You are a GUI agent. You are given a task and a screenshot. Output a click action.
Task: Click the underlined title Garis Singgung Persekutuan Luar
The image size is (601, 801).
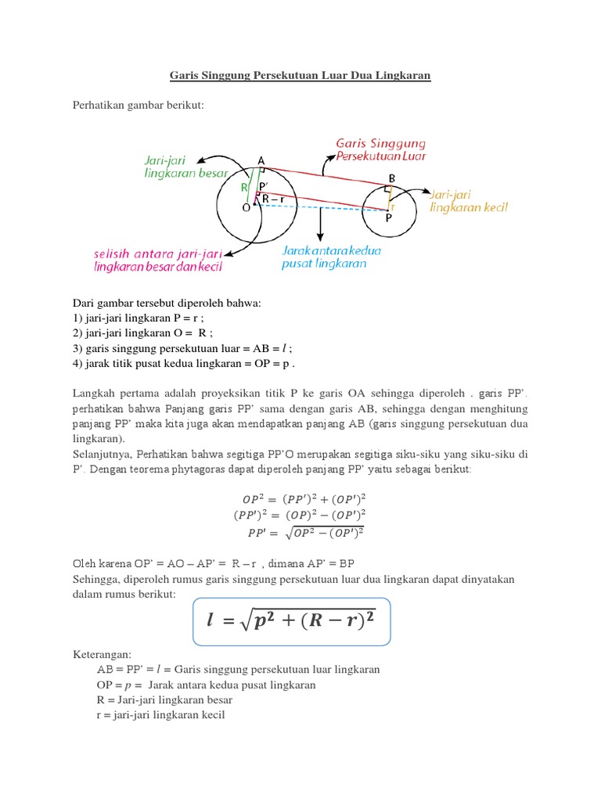click(x=300, y=76)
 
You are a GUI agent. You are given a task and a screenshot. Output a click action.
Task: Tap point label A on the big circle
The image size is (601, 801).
click(x=261, y=161)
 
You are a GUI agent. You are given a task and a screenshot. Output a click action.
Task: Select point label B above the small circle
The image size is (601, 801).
click(x=392, y=178)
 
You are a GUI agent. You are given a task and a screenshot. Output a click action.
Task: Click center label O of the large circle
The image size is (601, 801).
click(x=247, y=209)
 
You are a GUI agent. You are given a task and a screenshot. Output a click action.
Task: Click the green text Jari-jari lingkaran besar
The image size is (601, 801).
click(x=186, y=167)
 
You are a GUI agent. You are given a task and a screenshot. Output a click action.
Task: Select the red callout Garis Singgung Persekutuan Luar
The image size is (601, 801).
click(x=380, y=149)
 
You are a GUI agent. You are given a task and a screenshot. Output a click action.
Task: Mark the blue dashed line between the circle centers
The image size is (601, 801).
click(x=321, y=208)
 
